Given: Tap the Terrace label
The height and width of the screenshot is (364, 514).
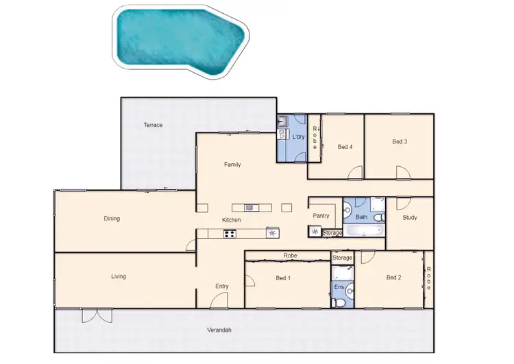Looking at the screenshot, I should [152, 126].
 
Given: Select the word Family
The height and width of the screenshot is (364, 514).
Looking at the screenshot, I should [232, 165].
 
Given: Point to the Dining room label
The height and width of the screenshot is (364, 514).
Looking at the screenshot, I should [112, 219].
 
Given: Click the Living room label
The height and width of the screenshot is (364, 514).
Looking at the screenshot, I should [118, 277].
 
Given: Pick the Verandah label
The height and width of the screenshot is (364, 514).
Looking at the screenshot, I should [219, 330].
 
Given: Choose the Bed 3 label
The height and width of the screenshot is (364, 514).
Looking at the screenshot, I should [400, 142].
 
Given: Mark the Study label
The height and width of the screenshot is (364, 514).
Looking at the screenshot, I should [410, 218].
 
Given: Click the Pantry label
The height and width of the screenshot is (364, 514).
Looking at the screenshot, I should [321, 216].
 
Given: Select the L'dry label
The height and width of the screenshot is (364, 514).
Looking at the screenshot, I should [298, 137].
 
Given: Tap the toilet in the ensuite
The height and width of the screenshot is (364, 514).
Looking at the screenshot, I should [338, 302].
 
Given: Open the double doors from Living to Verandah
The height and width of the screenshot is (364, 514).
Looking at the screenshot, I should [95, 316].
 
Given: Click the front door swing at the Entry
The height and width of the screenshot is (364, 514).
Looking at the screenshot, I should [219, 301].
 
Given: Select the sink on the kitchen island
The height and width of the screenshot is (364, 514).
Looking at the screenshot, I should [249, 207].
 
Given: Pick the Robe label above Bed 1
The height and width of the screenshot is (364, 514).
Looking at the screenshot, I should [289, 256].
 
